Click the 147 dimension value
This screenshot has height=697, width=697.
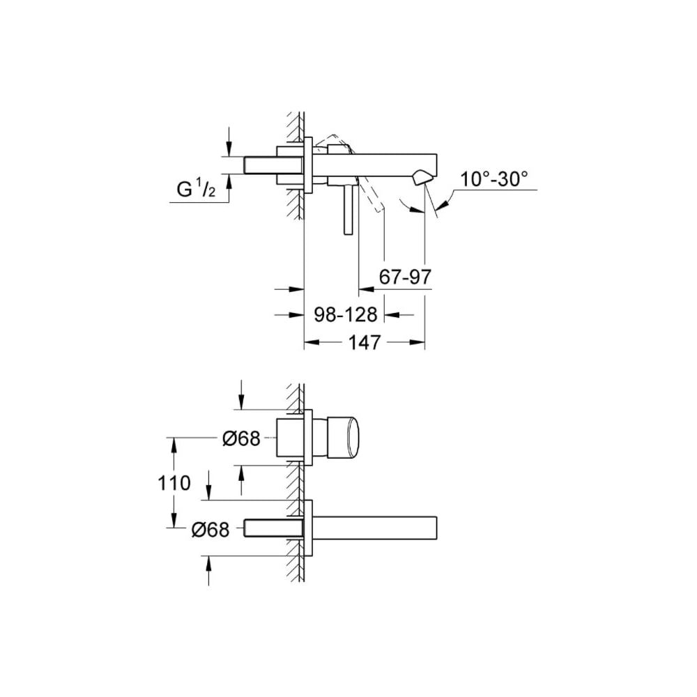(365, 342)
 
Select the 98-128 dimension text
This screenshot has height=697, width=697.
(346, 315)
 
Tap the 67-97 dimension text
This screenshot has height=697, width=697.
(405, 277)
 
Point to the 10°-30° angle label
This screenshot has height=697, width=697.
(493, 180)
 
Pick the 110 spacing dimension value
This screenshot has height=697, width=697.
(174, 483)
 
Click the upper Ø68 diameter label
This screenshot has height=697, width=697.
(241, 438)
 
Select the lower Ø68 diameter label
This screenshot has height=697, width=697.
(210, 530)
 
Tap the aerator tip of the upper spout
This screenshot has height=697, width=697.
(421, 178)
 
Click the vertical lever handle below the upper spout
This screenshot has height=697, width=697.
(348, 209)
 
